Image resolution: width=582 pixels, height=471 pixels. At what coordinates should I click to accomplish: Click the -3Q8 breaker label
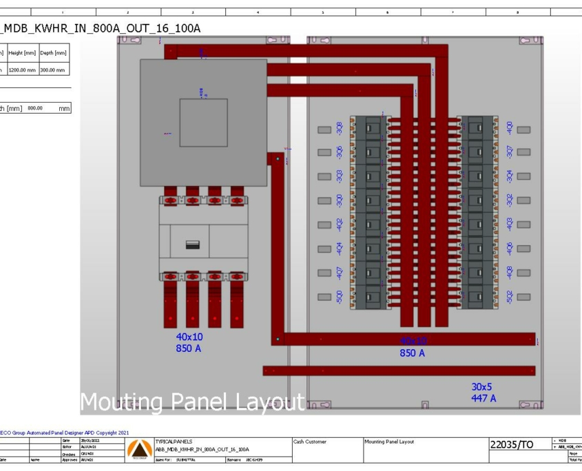[339, 129]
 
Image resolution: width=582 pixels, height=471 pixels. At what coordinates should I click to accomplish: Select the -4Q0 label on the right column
[510, 128]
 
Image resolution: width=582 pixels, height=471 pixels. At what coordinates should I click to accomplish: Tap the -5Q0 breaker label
[339, 297]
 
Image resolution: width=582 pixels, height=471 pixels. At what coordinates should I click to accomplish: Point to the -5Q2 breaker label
[510, 297]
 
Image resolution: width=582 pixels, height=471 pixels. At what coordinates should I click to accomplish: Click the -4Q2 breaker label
[339, 225]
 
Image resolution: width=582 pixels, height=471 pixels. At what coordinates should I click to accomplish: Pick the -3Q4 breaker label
[510, 176]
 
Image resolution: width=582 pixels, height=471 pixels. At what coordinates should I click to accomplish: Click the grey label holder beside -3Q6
[324, 153]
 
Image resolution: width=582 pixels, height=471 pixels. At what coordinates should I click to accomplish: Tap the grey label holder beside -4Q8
[523, 273]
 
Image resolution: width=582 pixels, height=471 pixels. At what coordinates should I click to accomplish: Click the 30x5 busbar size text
[486, 387]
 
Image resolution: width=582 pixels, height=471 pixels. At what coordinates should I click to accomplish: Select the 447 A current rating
[486, 399]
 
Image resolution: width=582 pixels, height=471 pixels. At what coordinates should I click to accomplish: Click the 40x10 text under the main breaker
[189, 337]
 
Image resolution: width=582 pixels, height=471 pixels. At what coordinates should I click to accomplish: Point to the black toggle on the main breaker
[193, 245]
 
